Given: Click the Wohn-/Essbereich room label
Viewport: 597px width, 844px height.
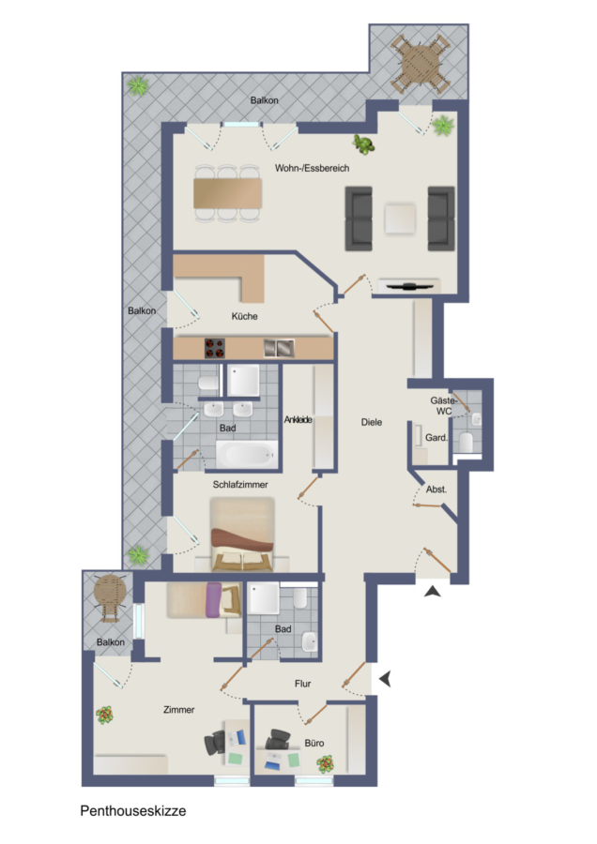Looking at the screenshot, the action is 312,168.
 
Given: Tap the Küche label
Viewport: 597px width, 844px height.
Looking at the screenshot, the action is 245,316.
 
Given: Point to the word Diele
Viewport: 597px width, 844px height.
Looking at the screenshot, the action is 372,422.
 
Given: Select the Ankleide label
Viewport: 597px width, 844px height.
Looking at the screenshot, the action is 298,419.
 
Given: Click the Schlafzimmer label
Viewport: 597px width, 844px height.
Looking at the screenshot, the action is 240,485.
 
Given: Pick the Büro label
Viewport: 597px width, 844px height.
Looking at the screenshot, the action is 314,743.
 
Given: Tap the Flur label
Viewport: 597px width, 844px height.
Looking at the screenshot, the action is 303,684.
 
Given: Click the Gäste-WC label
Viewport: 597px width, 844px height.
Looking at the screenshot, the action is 443,406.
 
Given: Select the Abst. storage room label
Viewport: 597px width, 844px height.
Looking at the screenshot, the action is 436,490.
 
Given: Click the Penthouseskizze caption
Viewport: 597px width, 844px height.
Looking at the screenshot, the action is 133,810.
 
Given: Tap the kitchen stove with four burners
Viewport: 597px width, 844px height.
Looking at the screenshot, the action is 214,348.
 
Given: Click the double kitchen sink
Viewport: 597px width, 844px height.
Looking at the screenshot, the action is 279,348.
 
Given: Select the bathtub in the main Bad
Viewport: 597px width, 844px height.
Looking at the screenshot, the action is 247,454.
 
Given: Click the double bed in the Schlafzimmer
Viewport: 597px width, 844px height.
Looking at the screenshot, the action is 242,534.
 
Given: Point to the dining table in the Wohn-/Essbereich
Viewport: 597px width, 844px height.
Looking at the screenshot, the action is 228,193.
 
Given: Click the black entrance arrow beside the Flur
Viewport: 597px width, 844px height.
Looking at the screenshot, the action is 385,679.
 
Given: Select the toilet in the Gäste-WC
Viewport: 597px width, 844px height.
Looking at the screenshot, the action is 467,442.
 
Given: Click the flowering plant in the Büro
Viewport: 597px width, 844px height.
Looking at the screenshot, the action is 325,763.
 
